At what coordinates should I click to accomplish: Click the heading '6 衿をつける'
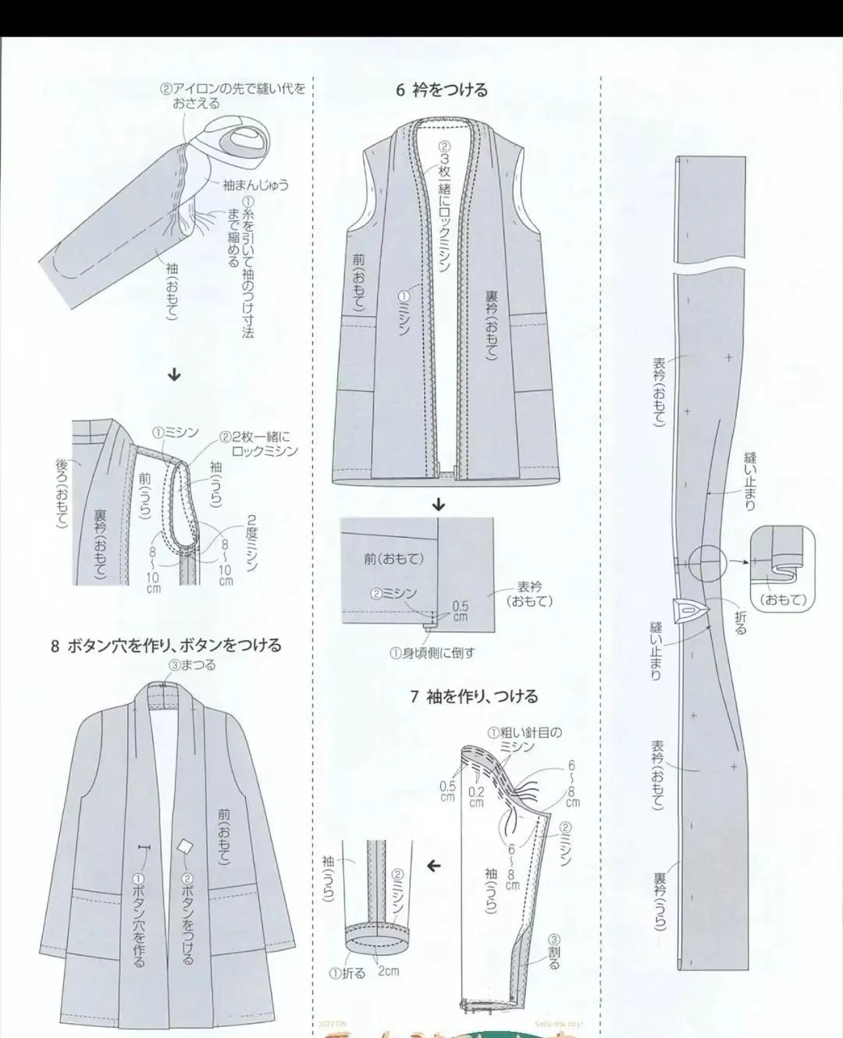click(441, 90)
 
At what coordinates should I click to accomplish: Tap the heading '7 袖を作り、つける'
click(474, 696)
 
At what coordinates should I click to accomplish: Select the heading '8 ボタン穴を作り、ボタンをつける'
click(165, 645)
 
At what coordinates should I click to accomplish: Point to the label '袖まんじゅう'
click(255, 185)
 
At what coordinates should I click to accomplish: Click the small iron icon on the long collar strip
click(690, 610)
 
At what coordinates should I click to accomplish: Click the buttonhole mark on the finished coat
click(143, 848)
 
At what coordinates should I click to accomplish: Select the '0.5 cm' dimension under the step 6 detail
click(461, 611)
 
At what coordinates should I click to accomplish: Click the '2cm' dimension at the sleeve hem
click(387, 972)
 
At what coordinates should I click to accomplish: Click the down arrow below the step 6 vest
click(439, 505)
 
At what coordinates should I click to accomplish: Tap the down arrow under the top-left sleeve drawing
click(175, 375)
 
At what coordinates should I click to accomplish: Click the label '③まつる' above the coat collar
click(191, 665)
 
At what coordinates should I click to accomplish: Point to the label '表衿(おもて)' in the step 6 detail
click(530, 595)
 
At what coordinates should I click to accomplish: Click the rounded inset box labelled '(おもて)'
click(781, 568)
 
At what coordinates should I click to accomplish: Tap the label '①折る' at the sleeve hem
click(347, 974)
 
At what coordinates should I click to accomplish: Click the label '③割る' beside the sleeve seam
click(553, 952)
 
